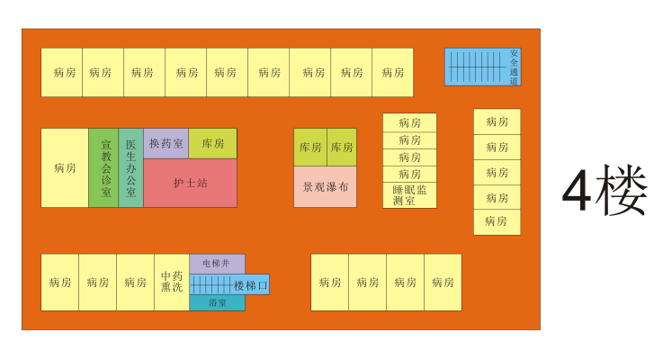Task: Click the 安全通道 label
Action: coord(514,67)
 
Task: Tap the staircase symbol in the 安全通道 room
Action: coord(477,67)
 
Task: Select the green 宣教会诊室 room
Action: coord(103,167)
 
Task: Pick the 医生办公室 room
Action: coord(130,167)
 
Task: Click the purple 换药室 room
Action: coord(166,143)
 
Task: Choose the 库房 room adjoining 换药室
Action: coord(212,143)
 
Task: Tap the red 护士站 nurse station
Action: coord(190,183)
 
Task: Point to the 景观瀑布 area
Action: coord(325,187)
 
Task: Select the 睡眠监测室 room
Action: coord(409,195)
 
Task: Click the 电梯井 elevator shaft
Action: coord(216,264)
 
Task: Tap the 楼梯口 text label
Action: coord(250,285)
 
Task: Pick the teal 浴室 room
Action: coord(217,303)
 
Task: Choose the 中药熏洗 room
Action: coord(171,282)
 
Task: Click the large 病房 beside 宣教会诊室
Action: coord(65,167)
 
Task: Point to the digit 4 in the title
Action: coord(576,191)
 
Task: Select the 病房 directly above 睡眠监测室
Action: coord(409,174)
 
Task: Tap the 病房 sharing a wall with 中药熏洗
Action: coord(135,282)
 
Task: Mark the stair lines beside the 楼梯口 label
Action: coord(210,284)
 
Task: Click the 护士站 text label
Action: coord(190,183)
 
